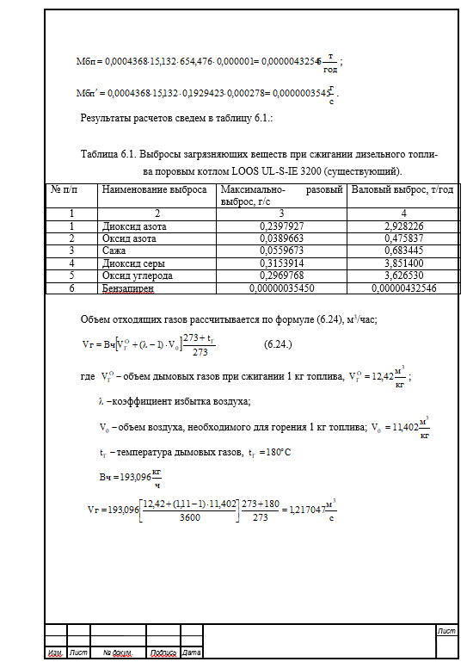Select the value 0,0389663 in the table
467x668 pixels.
point(280,238)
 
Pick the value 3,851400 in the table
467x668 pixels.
point(399,263)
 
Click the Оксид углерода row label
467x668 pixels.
point(137,275)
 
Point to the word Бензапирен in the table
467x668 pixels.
point(127,288)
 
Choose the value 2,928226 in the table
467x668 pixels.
point(399,226)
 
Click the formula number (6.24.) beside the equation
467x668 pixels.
point(279,344)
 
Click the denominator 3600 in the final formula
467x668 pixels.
point(186,517)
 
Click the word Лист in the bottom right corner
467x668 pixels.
point(446,632)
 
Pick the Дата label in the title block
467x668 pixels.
point(191,653)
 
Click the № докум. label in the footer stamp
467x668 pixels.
point(117,653)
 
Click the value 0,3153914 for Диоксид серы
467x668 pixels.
point(280,263)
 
